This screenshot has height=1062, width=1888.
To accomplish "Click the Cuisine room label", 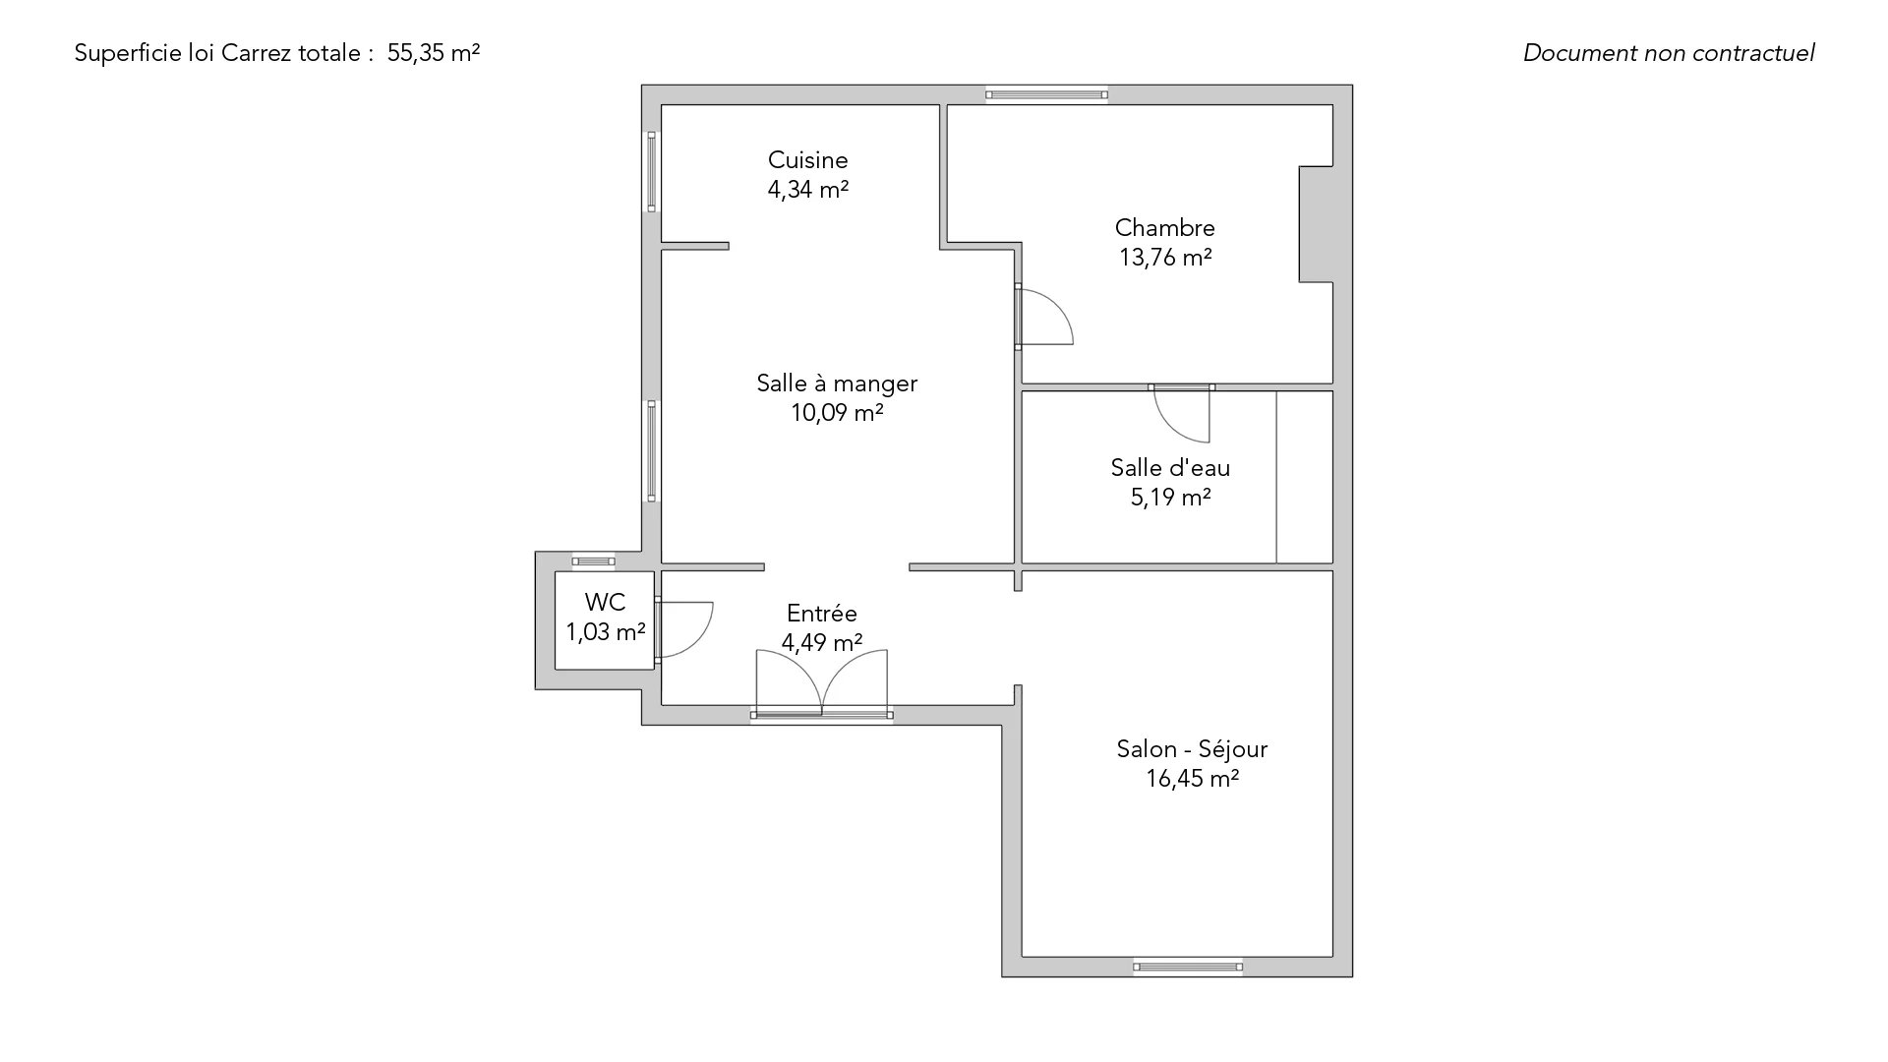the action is (807, 160).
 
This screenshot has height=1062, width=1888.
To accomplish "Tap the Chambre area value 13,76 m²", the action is (1165, 258).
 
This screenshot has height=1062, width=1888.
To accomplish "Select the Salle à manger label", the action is (837, 383).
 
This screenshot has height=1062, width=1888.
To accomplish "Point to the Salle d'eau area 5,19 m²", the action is (1170, 498).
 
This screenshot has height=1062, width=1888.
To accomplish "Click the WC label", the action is (605, 603).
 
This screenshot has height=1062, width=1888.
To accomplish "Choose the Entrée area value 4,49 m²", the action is (822, 643).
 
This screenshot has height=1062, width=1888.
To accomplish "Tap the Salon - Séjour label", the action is (1192, 749).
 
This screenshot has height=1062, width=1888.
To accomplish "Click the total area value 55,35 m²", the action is (434, 53).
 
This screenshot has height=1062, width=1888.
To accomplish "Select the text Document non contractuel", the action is (1669, 53).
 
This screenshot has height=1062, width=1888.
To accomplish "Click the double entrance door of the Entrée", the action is (822, 683).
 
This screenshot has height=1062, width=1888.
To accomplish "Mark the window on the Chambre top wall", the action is (1047, 94).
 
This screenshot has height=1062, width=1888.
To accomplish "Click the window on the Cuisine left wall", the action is (651, 171).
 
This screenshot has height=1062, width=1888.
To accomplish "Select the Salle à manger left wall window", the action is (651, 451).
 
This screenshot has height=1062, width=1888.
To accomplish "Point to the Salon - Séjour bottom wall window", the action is (1188, 967).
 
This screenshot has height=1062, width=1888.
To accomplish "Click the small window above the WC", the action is (594, 561).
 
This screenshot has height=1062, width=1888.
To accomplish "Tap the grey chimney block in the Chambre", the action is (1316, 224).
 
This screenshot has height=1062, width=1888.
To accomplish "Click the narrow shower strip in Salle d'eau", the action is (1305, 477).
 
